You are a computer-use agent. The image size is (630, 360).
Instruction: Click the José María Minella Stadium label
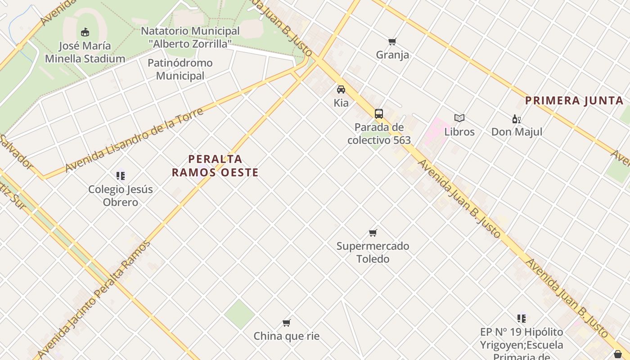[x=85, y=52]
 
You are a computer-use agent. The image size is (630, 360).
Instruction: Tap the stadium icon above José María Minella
[x=85, y=32]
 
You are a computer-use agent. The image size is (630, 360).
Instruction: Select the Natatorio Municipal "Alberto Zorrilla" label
[x=190, y=37]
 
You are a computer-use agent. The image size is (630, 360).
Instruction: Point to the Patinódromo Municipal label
[x=180, y=69]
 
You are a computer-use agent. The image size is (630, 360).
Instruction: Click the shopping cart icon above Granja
[x=392, y=42]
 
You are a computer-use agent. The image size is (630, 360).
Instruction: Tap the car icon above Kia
[x=341, y=90]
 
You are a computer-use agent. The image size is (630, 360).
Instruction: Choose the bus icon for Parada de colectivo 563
[x=379, y=113]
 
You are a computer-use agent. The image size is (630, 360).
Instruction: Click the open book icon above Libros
[x=459, y=118]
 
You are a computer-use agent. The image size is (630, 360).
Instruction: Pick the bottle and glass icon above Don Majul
[x=516, y=119]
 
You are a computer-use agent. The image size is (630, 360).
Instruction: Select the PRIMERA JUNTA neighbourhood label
[x=574, y=101]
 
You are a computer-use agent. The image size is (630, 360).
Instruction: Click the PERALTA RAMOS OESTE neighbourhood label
[x=215, y=166]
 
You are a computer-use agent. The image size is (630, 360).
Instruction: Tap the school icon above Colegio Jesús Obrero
[x=120, y=175]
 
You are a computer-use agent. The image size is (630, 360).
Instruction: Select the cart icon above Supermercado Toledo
[x=373, y=233]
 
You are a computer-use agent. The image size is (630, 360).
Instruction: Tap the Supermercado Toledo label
[x=373, y=252]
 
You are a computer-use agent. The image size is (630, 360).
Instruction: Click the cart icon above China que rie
[x=286, y=323]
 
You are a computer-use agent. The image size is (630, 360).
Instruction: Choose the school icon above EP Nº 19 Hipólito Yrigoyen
[x=522, y=319]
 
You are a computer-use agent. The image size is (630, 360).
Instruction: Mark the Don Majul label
[x=516, y=132]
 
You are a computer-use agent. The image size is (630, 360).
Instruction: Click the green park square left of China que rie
[x=240, y=314]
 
